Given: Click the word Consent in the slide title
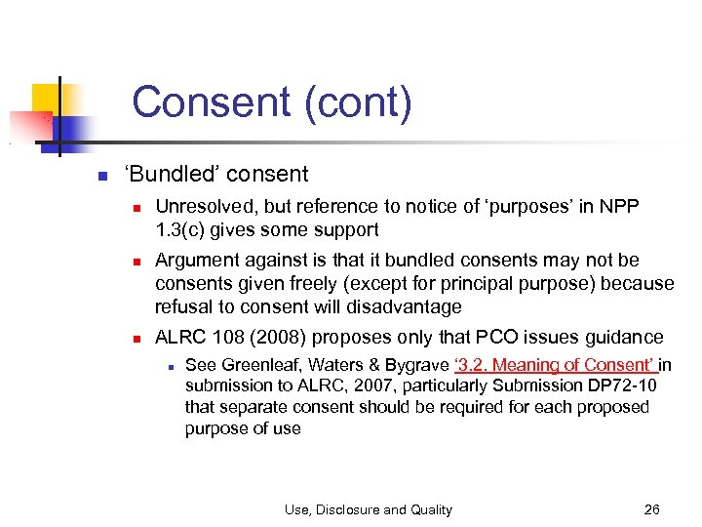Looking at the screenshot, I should point(212,102).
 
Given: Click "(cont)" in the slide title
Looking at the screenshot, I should point(358,102).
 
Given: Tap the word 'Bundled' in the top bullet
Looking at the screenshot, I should point(167,175).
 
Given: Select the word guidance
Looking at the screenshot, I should point(621,337).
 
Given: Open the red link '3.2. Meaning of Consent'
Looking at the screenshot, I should point(556,365).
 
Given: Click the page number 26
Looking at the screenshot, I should point(652,508).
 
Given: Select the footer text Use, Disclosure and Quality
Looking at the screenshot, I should point(368,508).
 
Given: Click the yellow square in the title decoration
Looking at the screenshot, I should point(47,99).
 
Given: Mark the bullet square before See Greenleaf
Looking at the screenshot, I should point(170,367).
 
